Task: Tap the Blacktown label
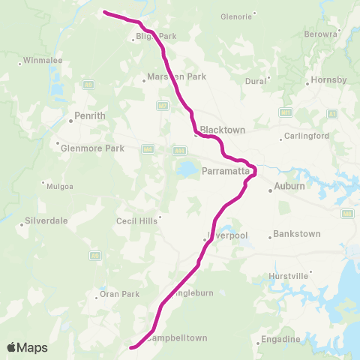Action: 223,130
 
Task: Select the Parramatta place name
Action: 223,171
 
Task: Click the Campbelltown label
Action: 176,337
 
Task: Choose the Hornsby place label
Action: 329,80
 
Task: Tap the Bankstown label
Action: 297,234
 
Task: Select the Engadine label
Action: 283,340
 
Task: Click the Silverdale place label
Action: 46,221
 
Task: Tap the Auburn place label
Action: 289,186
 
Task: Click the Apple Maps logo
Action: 27,347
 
